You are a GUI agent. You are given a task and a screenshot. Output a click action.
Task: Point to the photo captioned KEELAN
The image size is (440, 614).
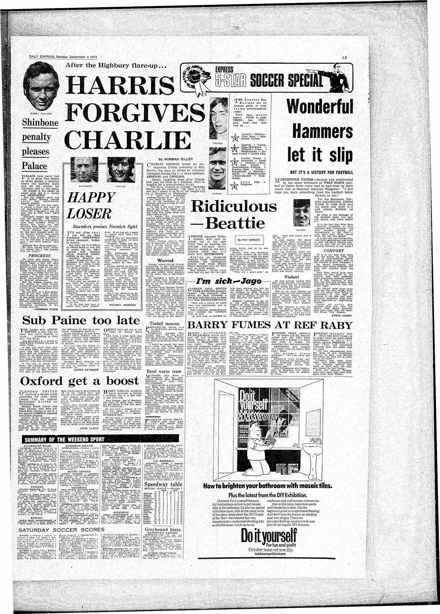(119, 173)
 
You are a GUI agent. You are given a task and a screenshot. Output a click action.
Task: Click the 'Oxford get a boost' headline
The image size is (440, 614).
(79, 381)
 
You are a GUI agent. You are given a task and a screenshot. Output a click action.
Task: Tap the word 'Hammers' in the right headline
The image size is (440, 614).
(323, 131)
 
